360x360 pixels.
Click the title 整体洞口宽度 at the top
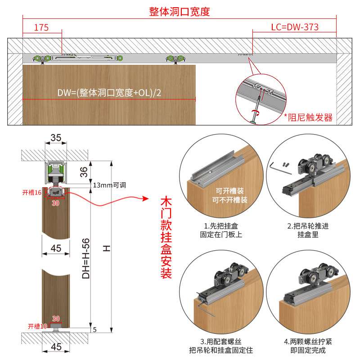(x=180, y=12)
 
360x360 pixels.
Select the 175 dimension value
(x=41, y=27)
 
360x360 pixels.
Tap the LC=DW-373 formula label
(x=294, y=27)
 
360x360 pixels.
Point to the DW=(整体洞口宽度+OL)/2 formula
(x=109, y=93)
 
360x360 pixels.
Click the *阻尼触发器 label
(x=308, y=117)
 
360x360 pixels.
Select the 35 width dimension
(x=56, y=138)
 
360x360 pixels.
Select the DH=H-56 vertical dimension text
(x=86, y=258)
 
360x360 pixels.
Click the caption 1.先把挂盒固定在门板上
(x=221, y=230)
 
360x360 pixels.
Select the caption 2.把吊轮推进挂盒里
(x=308, y=230)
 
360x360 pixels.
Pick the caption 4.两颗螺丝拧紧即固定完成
(x=308, y=346)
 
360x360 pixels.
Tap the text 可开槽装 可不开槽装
(x=229, y=195)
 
